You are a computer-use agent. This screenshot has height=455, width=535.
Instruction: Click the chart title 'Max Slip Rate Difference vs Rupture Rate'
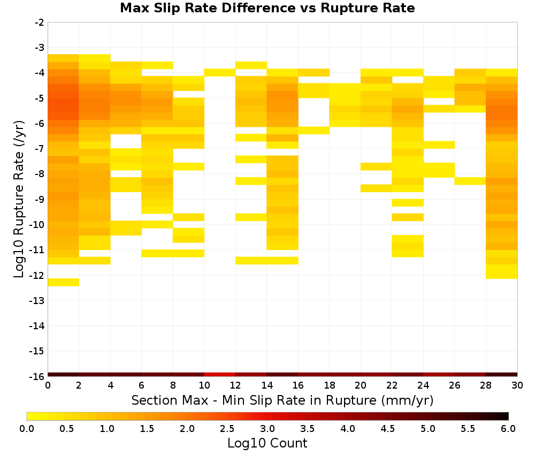pos(267,8)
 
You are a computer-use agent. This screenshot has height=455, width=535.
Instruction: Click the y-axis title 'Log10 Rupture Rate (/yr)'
pos(19,199)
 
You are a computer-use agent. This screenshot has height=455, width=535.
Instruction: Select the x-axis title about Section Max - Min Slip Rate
pos(282,400)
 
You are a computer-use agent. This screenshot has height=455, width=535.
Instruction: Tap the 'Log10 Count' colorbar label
pos(267,443)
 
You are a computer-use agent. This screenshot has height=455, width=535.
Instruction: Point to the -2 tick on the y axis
pos(40,22)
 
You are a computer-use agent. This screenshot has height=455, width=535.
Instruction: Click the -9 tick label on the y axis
pos(40,199)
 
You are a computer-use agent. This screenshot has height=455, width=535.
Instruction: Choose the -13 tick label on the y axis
pos(37,300)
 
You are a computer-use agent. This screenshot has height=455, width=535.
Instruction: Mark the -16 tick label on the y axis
pos(37,376)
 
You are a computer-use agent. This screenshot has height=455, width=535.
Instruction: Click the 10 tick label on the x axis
pos(204,385)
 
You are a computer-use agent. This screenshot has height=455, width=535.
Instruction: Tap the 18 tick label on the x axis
pos(329,385)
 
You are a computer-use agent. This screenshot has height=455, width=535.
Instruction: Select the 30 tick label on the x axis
pos(517,385)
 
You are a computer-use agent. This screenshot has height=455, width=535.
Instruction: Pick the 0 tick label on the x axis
pos(48,385)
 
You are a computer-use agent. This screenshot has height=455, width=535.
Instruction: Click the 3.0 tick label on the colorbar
pos(267,428)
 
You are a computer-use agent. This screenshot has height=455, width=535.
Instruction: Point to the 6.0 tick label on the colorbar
pos(508,428)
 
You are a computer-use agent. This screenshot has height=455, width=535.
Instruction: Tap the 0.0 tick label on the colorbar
pos(27,428)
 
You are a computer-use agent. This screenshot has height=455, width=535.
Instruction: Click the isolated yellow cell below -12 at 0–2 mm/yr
pos(64,282)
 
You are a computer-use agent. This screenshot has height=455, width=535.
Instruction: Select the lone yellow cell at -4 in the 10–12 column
pos(220,72)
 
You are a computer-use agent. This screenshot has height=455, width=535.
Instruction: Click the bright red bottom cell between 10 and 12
pos(220,375)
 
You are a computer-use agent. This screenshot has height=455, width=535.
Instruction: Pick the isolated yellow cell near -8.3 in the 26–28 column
pos(470,181)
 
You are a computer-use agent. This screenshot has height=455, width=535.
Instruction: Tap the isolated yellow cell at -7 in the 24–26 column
pos(439,145)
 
